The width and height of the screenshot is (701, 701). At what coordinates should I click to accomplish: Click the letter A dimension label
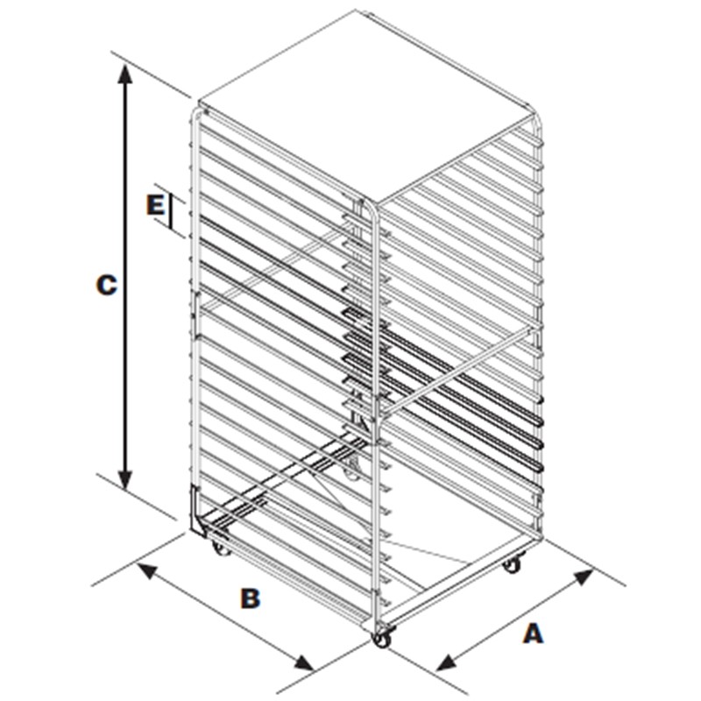click(x=533, y=634)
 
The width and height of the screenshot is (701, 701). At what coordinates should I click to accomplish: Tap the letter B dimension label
click(x=251, y=598)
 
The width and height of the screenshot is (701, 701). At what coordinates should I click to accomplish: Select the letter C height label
click(x=106, y=286)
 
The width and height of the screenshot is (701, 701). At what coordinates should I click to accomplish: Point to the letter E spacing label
click(x=155, y=206)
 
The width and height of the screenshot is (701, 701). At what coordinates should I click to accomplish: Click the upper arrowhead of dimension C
click(x=125, y=74)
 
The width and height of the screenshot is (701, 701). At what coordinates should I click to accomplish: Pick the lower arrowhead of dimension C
click(x=125, y=480)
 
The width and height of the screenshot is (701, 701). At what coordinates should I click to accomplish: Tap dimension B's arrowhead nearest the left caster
click(x=148, y=571)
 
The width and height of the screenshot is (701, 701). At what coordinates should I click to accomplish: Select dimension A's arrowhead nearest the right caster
click(x=583, y=577)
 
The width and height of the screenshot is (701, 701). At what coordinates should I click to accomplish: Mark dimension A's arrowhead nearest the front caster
click(x=446, y=662)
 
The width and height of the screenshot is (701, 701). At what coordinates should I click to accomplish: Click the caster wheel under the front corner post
click(x=382, y=640)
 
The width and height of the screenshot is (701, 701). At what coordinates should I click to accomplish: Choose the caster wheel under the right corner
click(x=512, y=564)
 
